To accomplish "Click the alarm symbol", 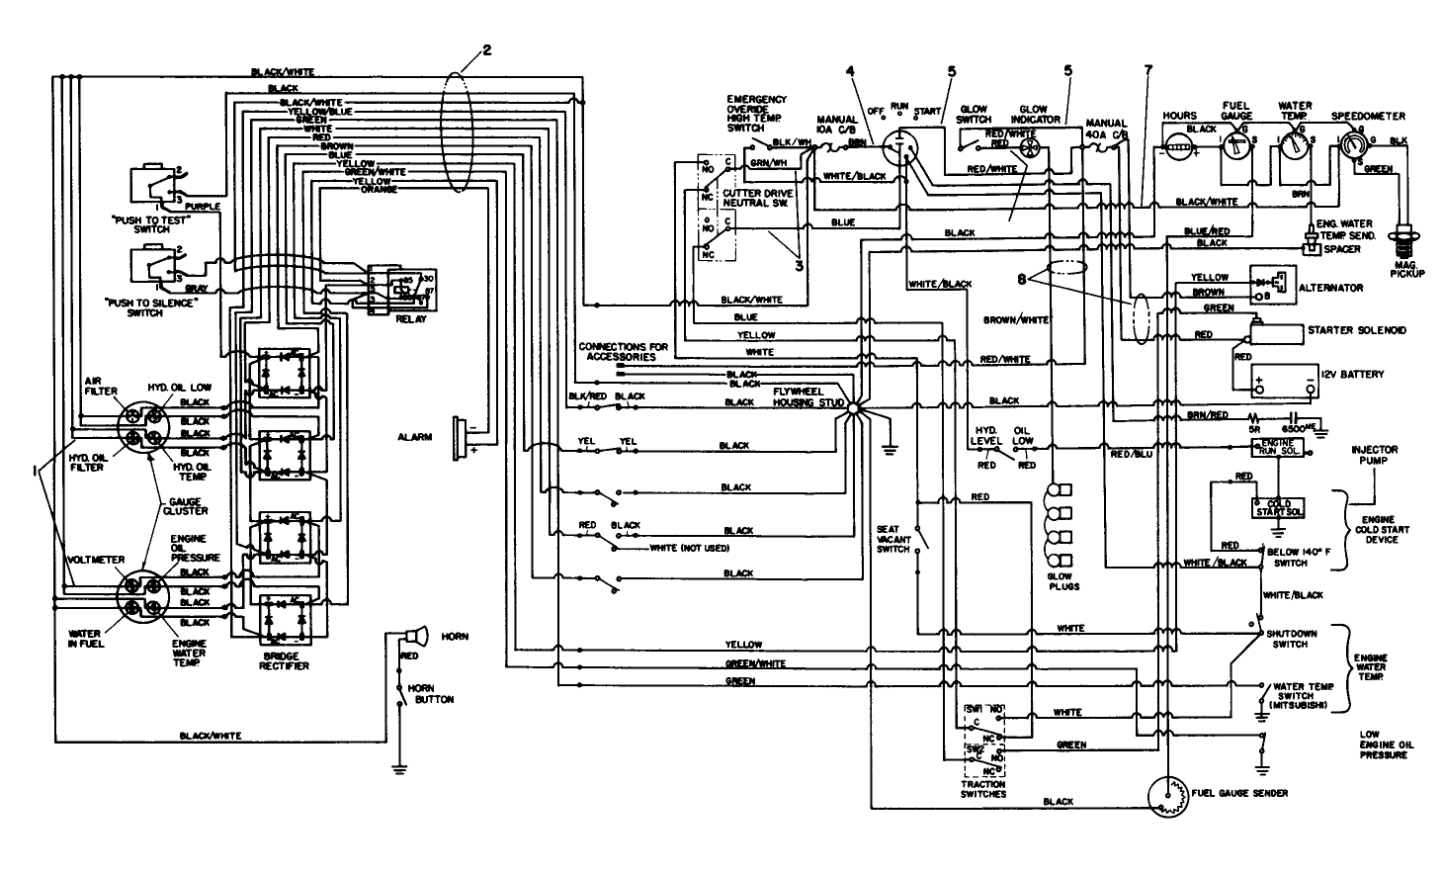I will click(459, 437).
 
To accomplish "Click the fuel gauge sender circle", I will click(1169, 796).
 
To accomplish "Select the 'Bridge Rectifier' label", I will click(283, 660).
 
